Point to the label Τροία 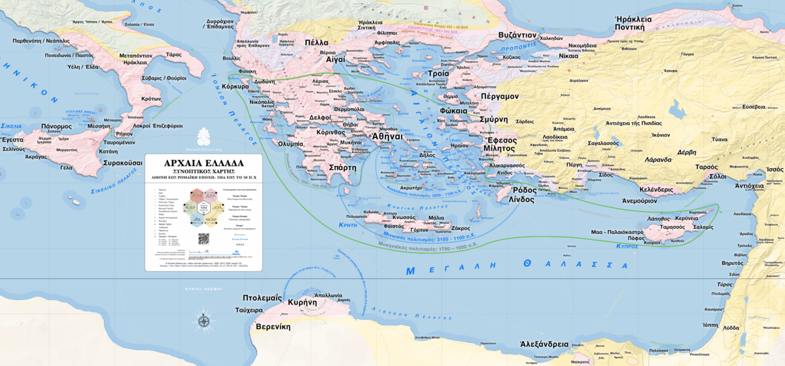pyautogui.click(x=438, y=73)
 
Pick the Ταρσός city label pyautogui.click(x=706, y=167)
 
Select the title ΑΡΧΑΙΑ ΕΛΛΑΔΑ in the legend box pyautogui.click(x=203, y=163)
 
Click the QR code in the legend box pyautogui.click(x=203, y=239)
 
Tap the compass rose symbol pyautogui.click(x=203, y=320)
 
